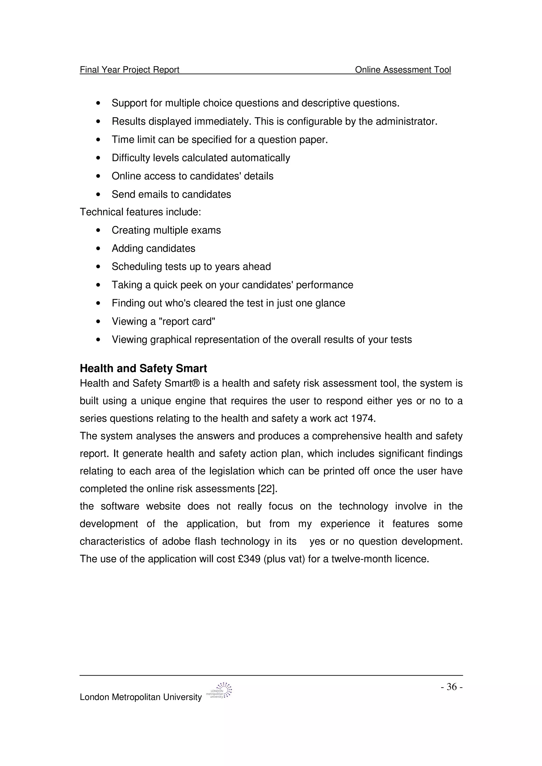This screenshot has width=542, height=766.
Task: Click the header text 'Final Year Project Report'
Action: point(130,70)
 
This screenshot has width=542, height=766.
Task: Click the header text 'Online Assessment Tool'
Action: point(403,70)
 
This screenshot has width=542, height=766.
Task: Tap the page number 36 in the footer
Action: point(451,687)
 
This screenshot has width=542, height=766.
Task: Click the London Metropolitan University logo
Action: point(220,691)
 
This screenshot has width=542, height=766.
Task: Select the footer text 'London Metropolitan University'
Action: point(141,697)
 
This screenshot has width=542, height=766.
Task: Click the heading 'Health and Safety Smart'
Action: point(143,368)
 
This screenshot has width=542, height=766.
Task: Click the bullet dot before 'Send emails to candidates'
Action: point(98,195)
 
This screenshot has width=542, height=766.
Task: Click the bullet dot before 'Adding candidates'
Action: point(98,248)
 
